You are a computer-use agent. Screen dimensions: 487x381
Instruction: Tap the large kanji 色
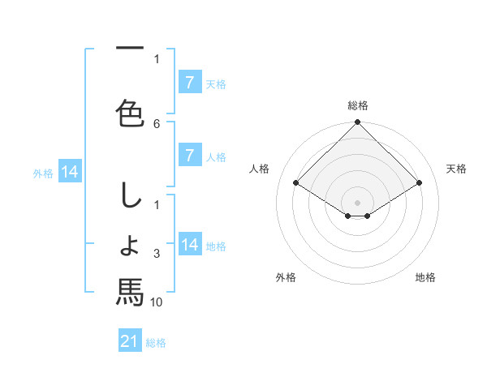[130, 111]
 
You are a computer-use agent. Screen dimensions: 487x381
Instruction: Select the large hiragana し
[130, 197]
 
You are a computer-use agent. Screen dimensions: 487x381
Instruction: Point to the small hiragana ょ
[130, 245]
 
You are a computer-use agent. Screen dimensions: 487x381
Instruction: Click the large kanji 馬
[130, 292]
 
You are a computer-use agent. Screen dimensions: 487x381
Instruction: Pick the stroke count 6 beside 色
[157, 123]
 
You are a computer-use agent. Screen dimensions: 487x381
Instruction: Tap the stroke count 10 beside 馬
[157, 302]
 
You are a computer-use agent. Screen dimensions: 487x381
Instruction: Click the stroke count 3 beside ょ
[157, 255]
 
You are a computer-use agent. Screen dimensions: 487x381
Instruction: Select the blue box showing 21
[130, 341]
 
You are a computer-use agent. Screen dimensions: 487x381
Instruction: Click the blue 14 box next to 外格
[69, 172]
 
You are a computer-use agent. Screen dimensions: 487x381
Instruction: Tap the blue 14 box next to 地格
[190, 245]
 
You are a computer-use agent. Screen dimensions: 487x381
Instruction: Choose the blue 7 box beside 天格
[190, 83]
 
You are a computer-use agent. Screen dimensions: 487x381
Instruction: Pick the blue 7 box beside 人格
[190, 156]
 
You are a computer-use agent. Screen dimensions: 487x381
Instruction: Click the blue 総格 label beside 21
[156, 343]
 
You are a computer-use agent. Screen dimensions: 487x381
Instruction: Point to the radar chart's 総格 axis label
[358, 105]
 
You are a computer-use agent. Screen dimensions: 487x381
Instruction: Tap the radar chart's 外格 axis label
[286, 277]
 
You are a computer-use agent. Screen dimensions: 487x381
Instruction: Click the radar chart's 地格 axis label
[425, 277]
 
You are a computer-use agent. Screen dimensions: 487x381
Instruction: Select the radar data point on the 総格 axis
[357, 123]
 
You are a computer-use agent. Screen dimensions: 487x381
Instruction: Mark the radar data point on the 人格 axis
[295, 182]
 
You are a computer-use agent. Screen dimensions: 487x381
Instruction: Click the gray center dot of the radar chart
[357, 201]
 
